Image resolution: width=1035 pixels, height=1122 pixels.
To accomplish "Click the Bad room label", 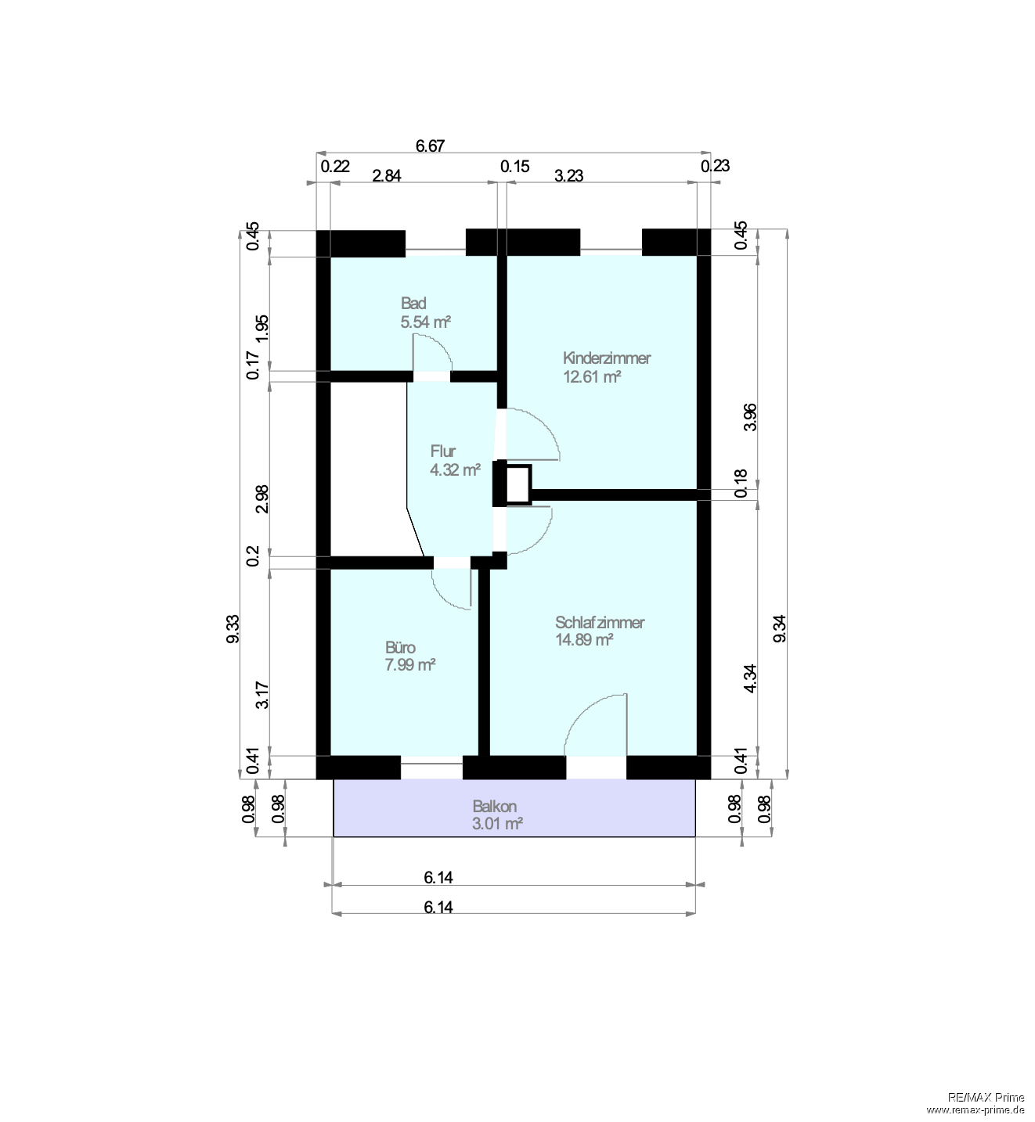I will click(413, 304).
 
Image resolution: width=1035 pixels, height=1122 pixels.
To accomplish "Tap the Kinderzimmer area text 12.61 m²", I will click(592, 377).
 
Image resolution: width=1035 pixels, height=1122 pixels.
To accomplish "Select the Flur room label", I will click(442, 451).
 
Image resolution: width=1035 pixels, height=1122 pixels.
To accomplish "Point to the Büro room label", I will click(400, 648).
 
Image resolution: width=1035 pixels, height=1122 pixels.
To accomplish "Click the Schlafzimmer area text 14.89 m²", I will click(584, 640).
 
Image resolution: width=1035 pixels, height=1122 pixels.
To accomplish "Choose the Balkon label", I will click(494, 806).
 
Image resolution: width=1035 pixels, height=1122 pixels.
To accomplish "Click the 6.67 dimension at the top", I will click(430, 146).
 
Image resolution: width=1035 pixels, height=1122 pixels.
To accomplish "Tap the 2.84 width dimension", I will click(386, 175).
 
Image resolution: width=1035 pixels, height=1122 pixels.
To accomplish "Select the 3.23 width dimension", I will click(569, 175).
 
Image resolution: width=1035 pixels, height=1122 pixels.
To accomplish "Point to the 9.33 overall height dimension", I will click(233, 629).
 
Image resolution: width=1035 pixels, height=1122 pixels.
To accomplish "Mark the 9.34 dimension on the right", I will click(780, 629).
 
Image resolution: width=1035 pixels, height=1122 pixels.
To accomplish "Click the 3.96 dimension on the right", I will click(750, 416).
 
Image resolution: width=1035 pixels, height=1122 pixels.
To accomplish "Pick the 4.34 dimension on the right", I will click(750, 678).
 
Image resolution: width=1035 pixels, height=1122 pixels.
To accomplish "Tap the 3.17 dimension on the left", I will click(263, 696).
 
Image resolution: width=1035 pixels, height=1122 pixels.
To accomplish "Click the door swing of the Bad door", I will click(433, 352).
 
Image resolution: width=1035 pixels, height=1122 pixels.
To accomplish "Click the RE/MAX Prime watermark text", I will click(986, 1098).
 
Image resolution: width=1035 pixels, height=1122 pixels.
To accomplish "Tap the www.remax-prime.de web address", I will click(975, 1109).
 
